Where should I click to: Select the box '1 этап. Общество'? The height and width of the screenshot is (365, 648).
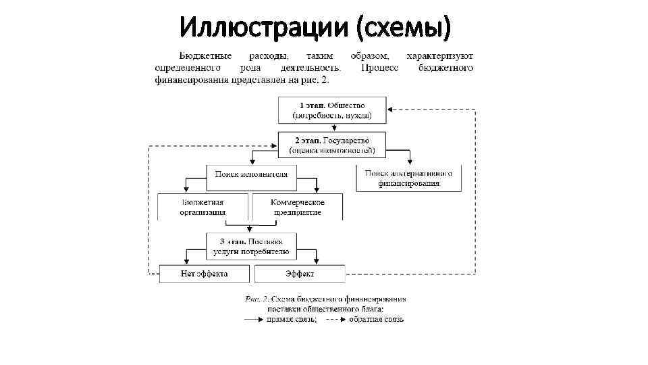332,110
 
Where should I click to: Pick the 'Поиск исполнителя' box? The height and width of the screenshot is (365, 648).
251,174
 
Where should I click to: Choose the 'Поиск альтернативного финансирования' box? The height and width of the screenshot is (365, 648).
409,178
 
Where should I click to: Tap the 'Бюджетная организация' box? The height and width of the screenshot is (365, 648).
203,207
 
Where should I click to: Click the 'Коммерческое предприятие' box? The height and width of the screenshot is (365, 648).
297,207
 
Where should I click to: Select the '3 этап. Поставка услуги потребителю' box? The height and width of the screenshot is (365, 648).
251,246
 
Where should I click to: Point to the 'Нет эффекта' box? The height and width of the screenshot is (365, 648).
204,274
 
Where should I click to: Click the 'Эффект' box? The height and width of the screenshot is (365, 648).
299,274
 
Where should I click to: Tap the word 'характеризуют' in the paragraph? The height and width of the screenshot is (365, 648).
440,56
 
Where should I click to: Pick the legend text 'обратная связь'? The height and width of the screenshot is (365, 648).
376,319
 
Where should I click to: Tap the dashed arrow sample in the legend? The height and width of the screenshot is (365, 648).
335,319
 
